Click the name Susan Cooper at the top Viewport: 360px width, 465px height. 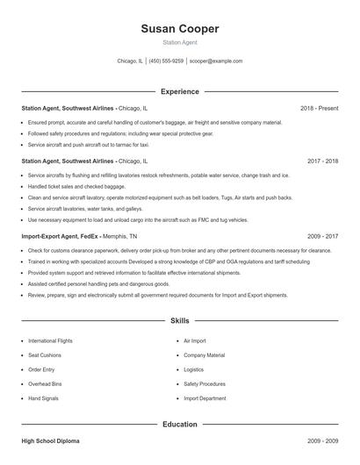(x=179, y=29)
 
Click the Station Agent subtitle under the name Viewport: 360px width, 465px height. (x=179, y=43)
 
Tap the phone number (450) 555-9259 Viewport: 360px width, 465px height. (x=166, y=61)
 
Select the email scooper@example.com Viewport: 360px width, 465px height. (x=215, y=61)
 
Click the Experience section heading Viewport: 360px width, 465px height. (x=179, y=91)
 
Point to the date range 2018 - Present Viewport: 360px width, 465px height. (x=319, y=108)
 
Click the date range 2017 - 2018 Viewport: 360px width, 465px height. (x=322, y=161)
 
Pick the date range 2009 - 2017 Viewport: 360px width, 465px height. (x=322, y=236)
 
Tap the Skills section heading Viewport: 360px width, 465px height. (x=179, y=322)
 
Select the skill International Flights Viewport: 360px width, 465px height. (x=50, y=340)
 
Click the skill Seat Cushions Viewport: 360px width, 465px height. (x=45, y=355)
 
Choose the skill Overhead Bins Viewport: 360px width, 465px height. (x=46, y=384)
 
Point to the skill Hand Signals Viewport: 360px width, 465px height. (x=44, y=398)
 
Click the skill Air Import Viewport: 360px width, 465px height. (x=194, y=340)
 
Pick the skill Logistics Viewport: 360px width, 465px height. (x=194, y=369)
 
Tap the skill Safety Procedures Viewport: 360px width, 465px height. (x=204, y=384)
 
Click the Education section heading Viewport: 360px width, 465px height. (x=179, y=425)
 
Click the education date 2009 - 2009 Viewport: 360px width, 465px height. (x=322, y=441)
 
